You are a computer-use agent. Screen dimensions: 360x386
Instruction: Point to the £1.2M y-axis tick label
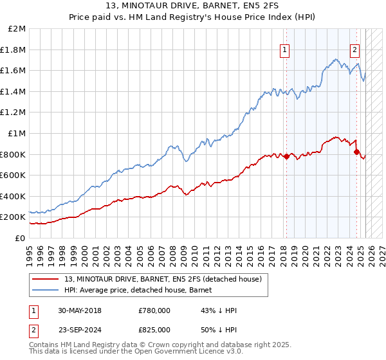tap(14, 113)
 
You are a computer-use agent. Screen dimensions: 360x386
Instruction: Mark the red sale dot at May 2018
tap(287, 156)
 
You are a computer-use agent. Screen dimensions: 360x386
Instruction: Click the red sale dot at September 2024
tap(356, 152)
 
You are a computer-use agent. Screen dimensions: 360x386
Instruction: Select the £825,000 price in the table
tap(154, 328)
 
